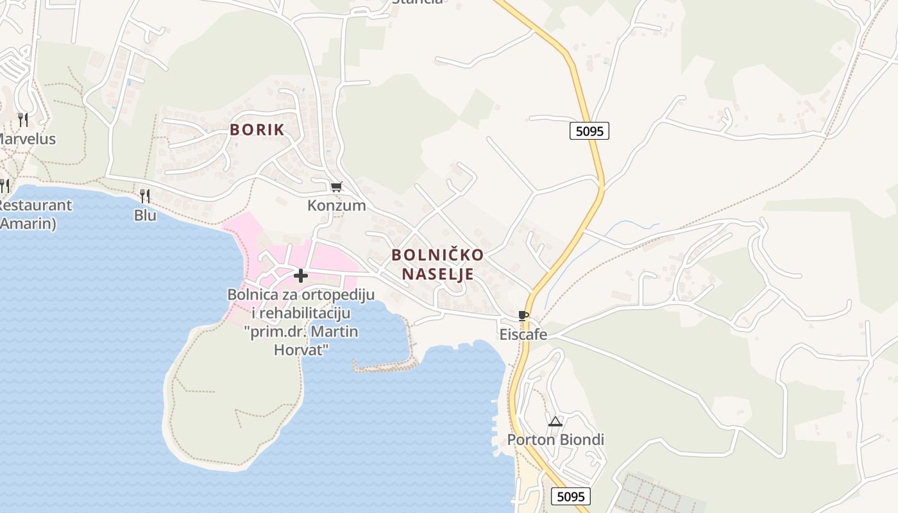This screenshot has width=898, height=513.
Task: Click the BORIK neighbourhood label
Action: coord(257,130)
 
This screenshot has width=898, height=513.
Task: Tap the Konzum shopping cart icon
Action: coord(336,187)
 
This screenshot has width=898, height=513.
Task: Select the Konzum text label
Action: coord(336,205)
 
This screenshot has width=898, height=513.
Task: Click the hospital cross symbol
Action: coord(300,276)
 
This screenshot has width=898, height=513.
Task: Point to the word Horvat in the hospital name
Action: coord(301,350)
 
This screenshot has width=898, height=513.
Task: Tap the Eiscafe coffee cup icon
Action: coord(523,315)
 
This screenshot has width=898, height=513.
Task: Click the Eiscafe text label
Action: coord(523,334)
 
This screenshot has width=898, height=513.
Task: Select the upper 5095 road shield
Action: coord(589,131)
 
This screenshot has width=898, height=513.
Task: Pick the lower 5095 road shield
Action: coord(570,496)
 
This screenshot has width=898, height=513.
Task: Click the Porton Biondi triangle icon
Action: coord(555,421)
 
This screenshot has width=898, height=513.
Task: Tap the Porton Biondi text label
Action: coord(555,440)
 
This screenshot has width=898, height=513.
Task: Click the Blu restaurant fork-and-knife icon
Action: coord(145,196)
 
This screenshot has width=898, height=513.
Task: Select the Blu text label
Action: coord(145,215)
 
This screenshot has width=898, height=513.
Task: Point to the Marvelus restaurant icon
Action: coord(23,119)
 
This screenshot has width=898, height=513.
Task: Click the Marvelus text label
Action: coord(27,139)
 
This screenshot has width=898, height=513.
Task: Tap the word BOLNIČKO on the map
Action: coord(437,255)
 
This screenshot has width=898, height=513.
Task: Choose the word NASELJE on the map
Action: coord(437,274)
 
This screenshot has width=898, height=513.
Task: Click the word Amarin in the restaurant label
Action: coord(28,224)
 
